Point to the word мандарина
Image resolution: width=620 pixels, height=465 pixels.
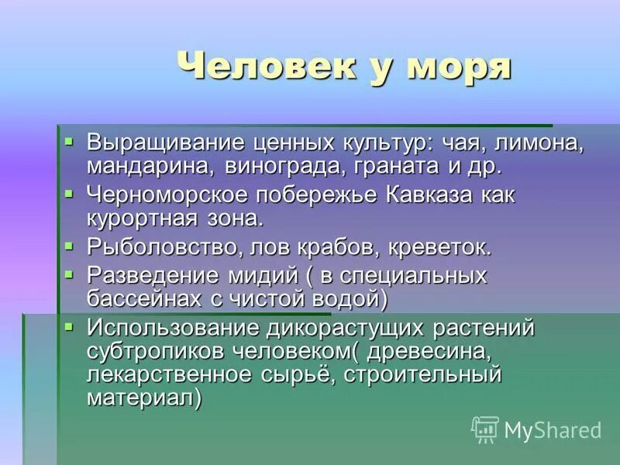[x=152, y=166]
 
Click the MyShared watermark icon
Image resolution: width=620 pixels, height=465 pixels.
[x=484, y=429]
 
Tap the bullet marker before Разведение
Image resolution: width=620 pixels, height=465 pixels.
[x=69, y=274]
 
